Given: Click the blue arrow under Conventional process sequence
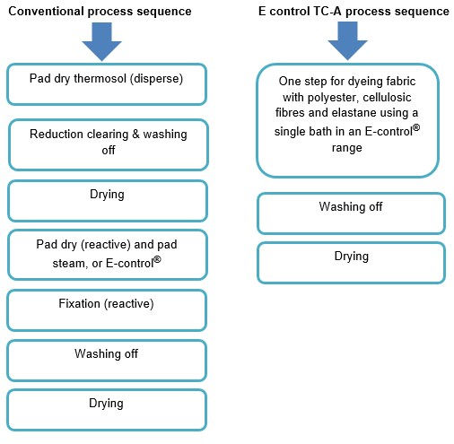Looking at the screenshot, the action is pos(101,41).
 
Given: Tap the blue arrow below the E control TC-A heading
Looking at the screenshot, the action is pos(347,40).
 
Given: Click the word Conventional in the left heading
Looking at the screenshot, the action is pos(47,12).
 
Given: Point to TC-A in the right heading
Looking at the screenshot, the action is pos(327,12).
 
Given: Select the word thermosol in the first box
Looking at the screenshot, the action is pos(100,79).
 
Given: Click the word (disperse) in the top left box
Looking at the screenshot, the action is pos(156,79).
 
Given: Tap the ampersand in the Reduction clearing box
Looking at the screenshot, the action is pos(135,135).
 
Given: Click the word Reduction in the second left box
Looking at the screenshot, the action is pos(57,134).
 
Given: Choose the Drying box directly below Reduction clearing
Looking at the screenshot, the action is pos(108,201).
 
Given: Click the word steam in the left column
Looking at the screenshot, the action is pos(68,264).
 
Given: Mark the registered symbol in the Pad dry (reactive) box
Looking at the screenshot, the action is pos(157,259).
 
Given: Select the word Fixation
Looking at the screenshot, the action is pos(80,304).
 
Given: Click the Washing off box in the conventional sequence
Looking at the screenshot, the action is pos(107,361).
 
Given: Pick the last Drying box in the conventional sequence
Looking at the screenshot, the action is pos(107,410).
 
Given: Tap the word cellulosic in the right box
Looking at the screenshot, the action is pos(387,97).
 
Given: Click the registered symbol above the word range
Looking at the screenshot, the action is pos(416,128).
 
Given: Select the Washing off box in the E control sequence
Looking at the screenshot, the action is pos(352,213).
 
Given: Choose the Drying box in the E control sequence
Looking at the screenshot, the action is pos(352,263).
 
